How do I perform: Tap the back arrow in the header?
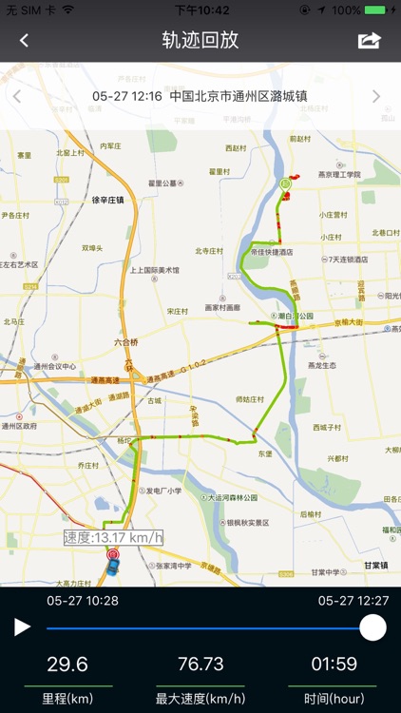pyautogui.click(x=24, y=40)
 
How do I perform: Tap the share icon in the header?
pyautogui.click(x=369, y=40)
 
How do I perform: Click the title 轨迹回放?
pyautogui.click(x=200, y=40)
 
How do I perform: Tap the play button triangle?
pyautogui.click(x=22, y=627)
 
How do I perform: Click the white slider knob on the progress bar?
pyautogui.click(x=372, y=627)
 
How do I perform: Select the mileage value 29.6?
pyautogui.click(x=67, y=665)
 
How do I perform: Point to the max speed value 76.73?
pyautogui.click(x=200, y=665)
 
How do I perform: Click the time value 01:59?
pyautogui.click(x=332, y=665)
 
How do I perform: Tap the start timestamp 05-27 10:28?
pyautogui.click(x=83, y=601)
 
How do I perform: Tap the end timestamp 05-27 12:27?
pyautogui.click(x=353, y=601)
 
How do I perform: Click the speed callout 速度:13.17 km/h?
pyautogui.click(x=114, y=538)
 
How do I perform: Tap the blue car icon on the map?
pyautogui.click(x=111, y=569)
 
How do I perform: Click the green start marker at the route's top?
pyautogui.click(x=283, y=183)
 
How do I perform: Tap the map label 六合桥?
pyautogui.click(x=126, y=342)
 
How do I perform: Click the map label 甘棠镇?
pyautogui.click(x=379, y=565)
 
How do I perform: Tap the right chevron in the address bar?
pyautogui.click(x=376, y=96)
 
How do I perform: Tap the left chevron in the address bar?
pyautogui.click(x=17, y=96)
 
